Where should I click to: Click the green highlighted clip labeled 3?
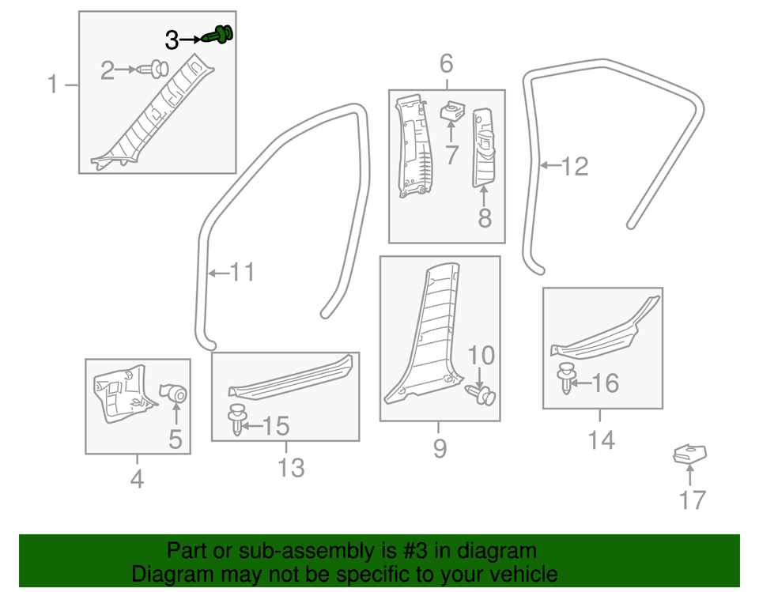click(221, 35)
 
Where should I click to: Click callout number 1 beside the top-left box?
click(53, 84)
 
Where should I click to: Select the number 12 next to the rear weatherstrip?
click(575, 167)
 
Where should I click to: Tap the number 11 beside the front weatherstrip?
click(242, 273)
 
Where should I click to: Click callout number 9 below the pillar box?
click(440, 449)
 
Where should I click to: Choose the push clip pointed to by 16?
click(565, 378)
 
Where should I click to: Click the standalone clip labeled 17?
click(689, 454)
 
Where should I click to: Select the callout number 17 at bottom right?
click(691, 500)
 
